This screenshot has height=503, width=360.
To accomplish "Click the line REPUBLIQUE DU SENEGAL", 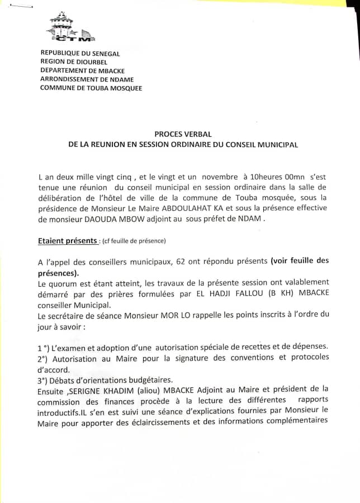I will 80,53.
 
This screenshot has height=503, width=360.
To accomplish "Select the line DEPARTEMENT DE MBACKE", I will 82,70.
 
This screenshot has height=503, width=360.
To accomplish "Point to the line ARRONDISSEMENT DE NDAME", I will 88,79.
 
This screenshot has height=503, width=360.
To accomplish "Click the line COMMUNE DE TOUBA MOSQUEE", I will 91,88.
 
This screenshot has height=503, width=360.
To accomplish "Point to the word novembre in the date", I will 217,176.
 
